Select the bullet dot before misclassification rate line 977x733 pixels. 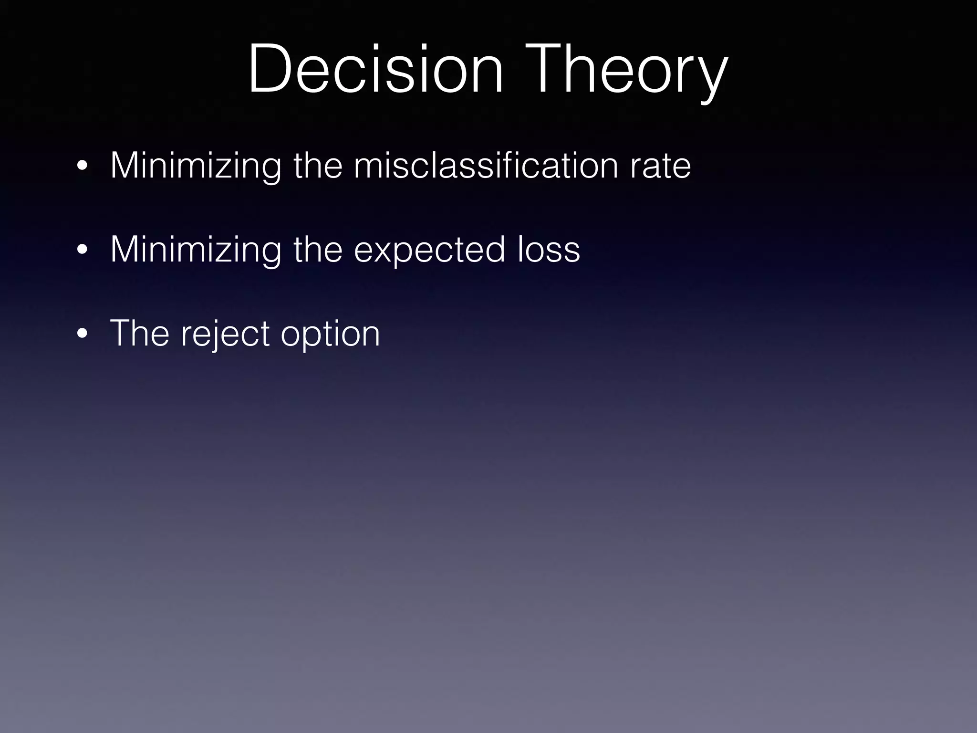(82, 167)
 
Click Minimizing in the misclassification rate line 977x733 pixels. (196, 166)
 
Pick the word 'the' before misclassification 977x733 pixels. (318, 166)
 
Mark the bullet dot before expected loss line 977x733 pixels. (82, 251)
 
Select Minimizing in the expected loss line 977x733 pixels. (196, 250)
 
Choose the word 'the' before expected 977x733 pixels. (318, 250)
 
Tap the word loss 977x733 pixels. (549, 250)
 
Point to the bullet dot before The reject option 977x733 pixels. (82, 334)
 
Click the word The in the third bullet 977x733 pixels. (139, 333)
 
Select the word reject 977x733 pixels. (225, 333)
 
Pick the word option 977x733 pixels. (330, 333)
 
